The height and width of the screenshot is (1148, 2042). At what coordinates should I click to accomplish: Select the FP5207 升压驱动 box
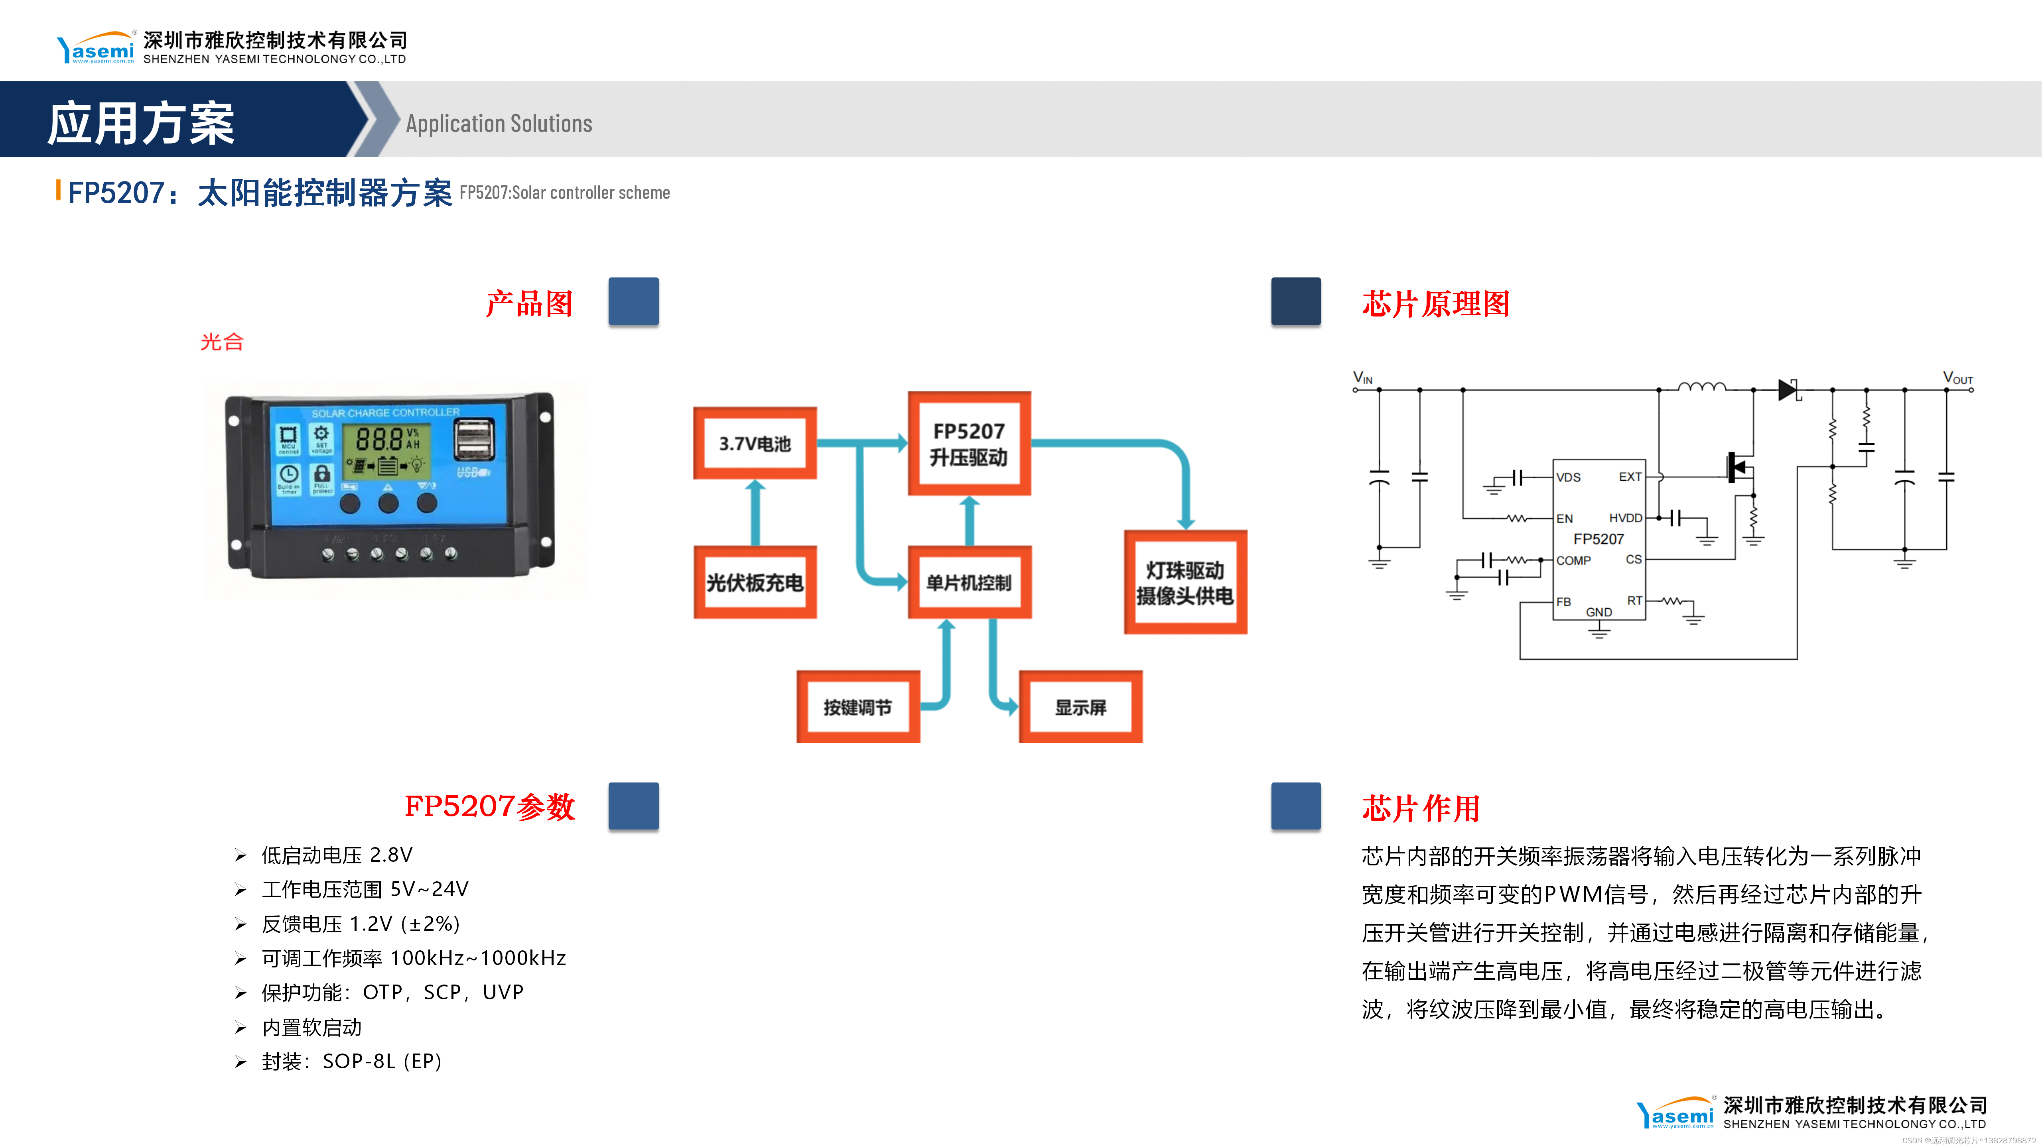click(969, 444)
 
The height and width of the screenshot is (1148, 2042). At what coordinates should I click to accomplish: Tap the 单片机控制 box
click(969, 582)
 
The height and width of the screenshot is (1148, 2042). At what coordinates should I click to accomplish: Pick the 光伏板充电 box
click(755, 582)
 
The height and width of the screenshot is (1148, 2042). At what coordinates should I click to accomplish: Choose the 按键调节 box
click(858, 707)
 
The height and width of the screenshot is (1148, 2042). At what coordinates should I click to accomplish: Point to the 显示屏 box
click(1080, 707)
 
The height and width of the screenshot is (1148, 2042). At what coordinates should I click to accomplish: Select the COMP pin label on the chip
click(1573, 560)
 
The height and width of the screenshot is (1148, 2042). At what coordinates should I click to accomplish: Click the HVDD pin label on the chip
click(1625, 518)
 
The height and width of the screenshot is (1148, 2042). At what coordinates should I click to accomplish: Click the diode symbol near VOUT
click(1788, 390)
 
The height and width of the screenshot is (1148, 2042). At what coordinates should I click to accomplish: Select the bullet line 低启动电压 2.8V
click(337, 855)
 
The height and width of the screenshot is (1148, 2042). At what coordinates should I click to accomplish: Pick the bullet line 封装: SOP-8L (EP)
click(351, 1061)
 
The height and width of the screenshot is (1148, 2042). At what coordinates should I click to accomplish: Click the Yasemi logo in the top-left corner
click(96, 48)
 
